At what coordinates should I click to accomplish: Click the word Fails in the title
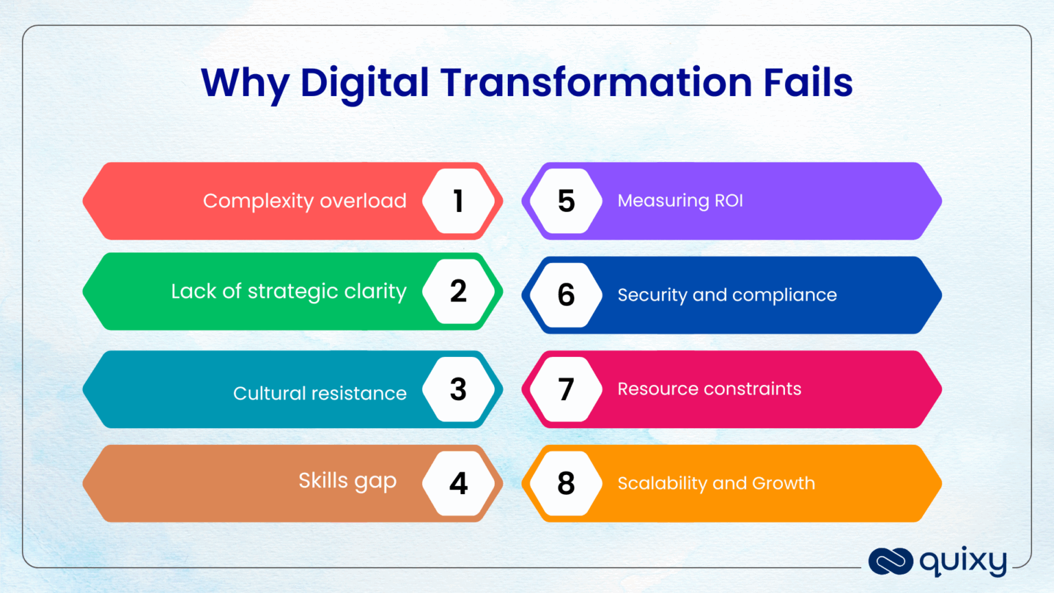808,82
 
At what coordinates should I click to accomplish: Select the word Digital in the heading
364,83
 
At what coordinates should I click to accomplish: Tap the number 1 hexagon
458,201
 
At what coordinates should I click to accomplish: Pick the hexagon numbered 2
458,292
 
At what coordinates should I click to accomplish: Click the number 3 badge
458,390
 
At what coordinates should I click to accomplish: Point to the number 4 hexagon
458,484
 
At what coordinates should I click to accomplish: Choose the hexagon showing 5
566,201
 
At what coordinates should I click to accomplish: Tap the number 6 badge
566,295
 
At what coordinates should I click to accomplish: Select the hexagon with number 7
566,390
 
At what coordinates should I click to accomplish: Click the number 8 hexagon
566,484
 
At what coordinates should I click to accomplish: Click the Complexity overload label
305,201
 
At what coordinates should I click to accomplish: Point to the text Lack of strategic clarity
289,292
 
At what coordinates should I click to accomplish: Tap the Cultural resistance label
320,393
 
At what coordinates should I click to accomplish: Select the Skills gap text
347,481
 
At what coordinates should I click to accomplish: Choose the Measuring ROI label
680,200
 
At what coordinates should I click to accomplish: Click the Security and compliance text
727,295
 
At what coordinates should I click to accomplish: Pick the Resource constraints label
709,389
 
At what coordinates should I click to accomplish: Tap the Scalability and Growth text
716,483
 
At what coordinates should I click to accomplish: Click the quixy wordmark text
963,562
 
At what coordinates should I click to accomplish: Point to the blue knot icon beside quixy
890,561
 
